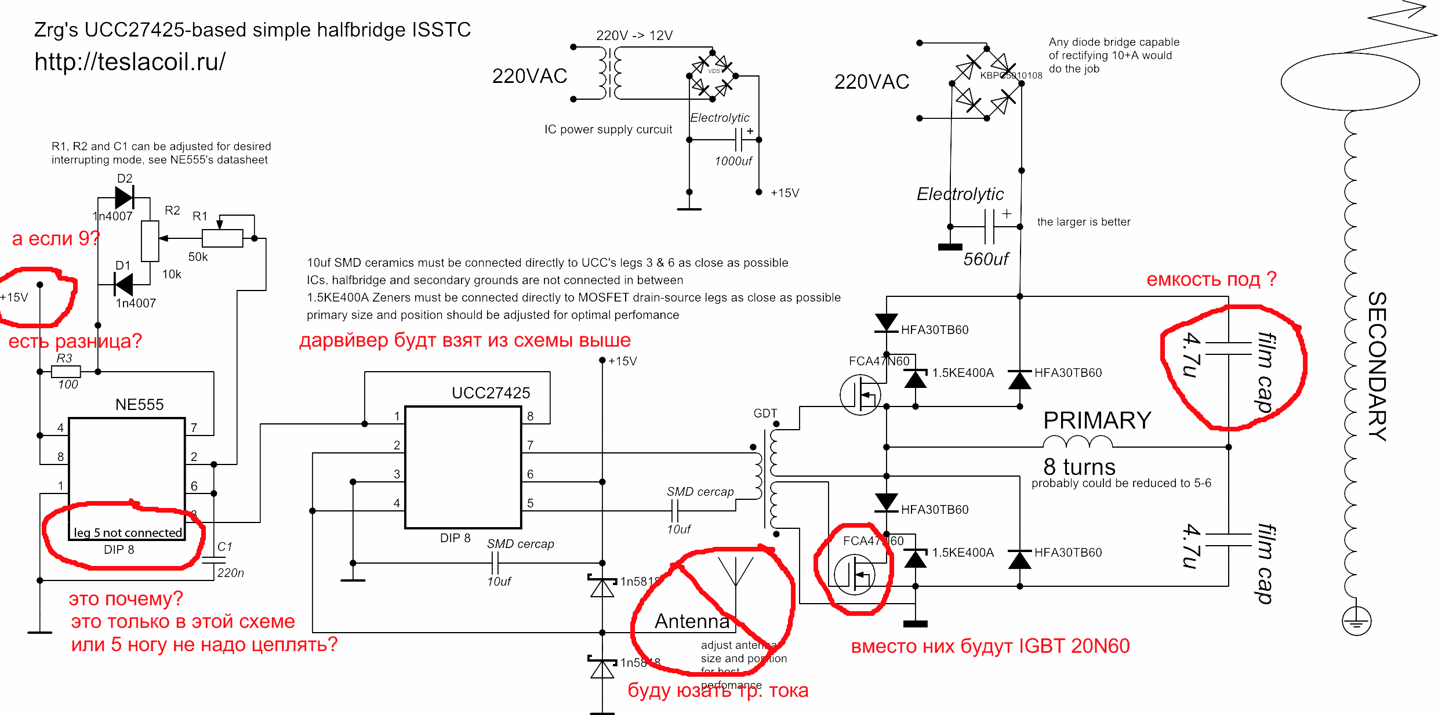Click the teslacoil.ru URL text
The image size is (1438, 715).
click(x=130, y=61)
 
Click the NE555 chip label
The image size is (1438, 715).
click(x=139, y=404)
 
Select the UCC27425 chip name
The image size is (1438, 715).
click(x=491, y=393)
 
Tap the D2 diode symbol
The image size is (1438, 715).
click(x=124, y=197)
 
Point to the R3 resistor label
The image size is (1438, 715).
click(x=64, y=358)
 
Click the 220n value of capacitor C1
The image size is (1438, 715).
click(x=230, y=573)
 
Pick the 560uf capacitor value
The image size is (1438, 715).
click(x=986, y=259)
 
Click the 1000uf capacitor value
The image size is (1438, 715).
click(x=733, y=161)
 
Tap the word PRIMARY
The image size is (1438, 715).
click(x=1097, y=420)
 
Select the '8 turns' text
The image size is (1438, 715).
click(x=1079, y=467)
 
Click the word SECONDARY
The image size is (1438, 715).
click(x=1377, y=365)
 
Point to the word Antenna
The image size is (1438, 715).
click(x=692, y=621)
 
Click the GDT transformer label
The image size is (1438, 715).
click(x=765, y=413)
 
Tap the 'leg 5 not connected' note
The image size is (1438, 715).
click(x=128, y=532)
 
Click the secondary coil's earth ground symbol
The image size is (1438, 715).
click(x=1356, y=622)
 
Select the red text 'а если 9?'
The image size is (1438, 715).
click(x=56, y=238)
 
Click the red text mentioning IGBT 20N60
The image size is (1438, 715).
click(x=990, y=646)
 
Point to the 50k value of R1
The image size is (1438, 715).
click(x=198, y=257)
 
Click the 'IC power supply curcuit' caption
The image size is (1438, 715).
click(x=608, y=129)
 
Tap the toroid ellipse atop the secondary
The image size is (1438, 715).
click(x=1350, y=82)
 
